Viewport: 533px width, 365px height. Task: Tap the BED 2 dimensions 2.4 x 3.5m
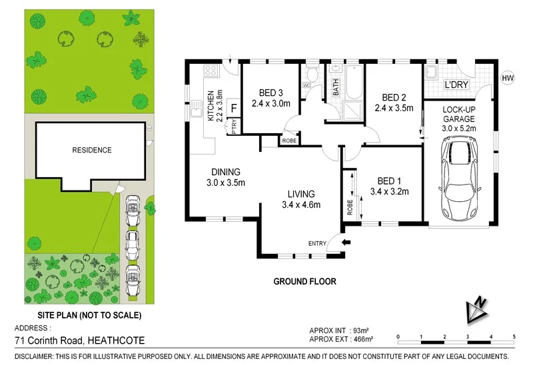pyautogui.click(x=394, y=107)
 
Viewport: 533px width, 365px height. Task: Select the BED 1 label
pyautogui.click(x=388, y=181)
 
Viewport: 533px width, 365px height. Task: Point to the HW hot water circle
pyautogui.click(x=508, y=79)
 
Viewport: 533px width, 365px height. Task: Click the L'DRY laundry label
pyautogui.click(x=457, y=86)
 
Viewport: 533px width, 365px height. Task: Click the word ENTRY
pyautogui.click(x=317, y=244)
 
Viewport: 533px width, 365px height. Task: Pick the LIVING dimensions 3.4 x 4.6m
pyautogui.click(x=301, y=205)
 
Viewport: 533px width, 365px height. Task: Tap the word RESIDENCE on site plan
pyautogui.click(x=92, y=150)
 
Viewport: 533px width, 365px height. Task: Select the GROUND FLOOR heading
pyautogui.click(x=305, y=282)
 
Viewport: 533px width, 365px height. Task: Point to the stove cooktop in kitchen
pyautogui.click(x=213, y=70)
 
